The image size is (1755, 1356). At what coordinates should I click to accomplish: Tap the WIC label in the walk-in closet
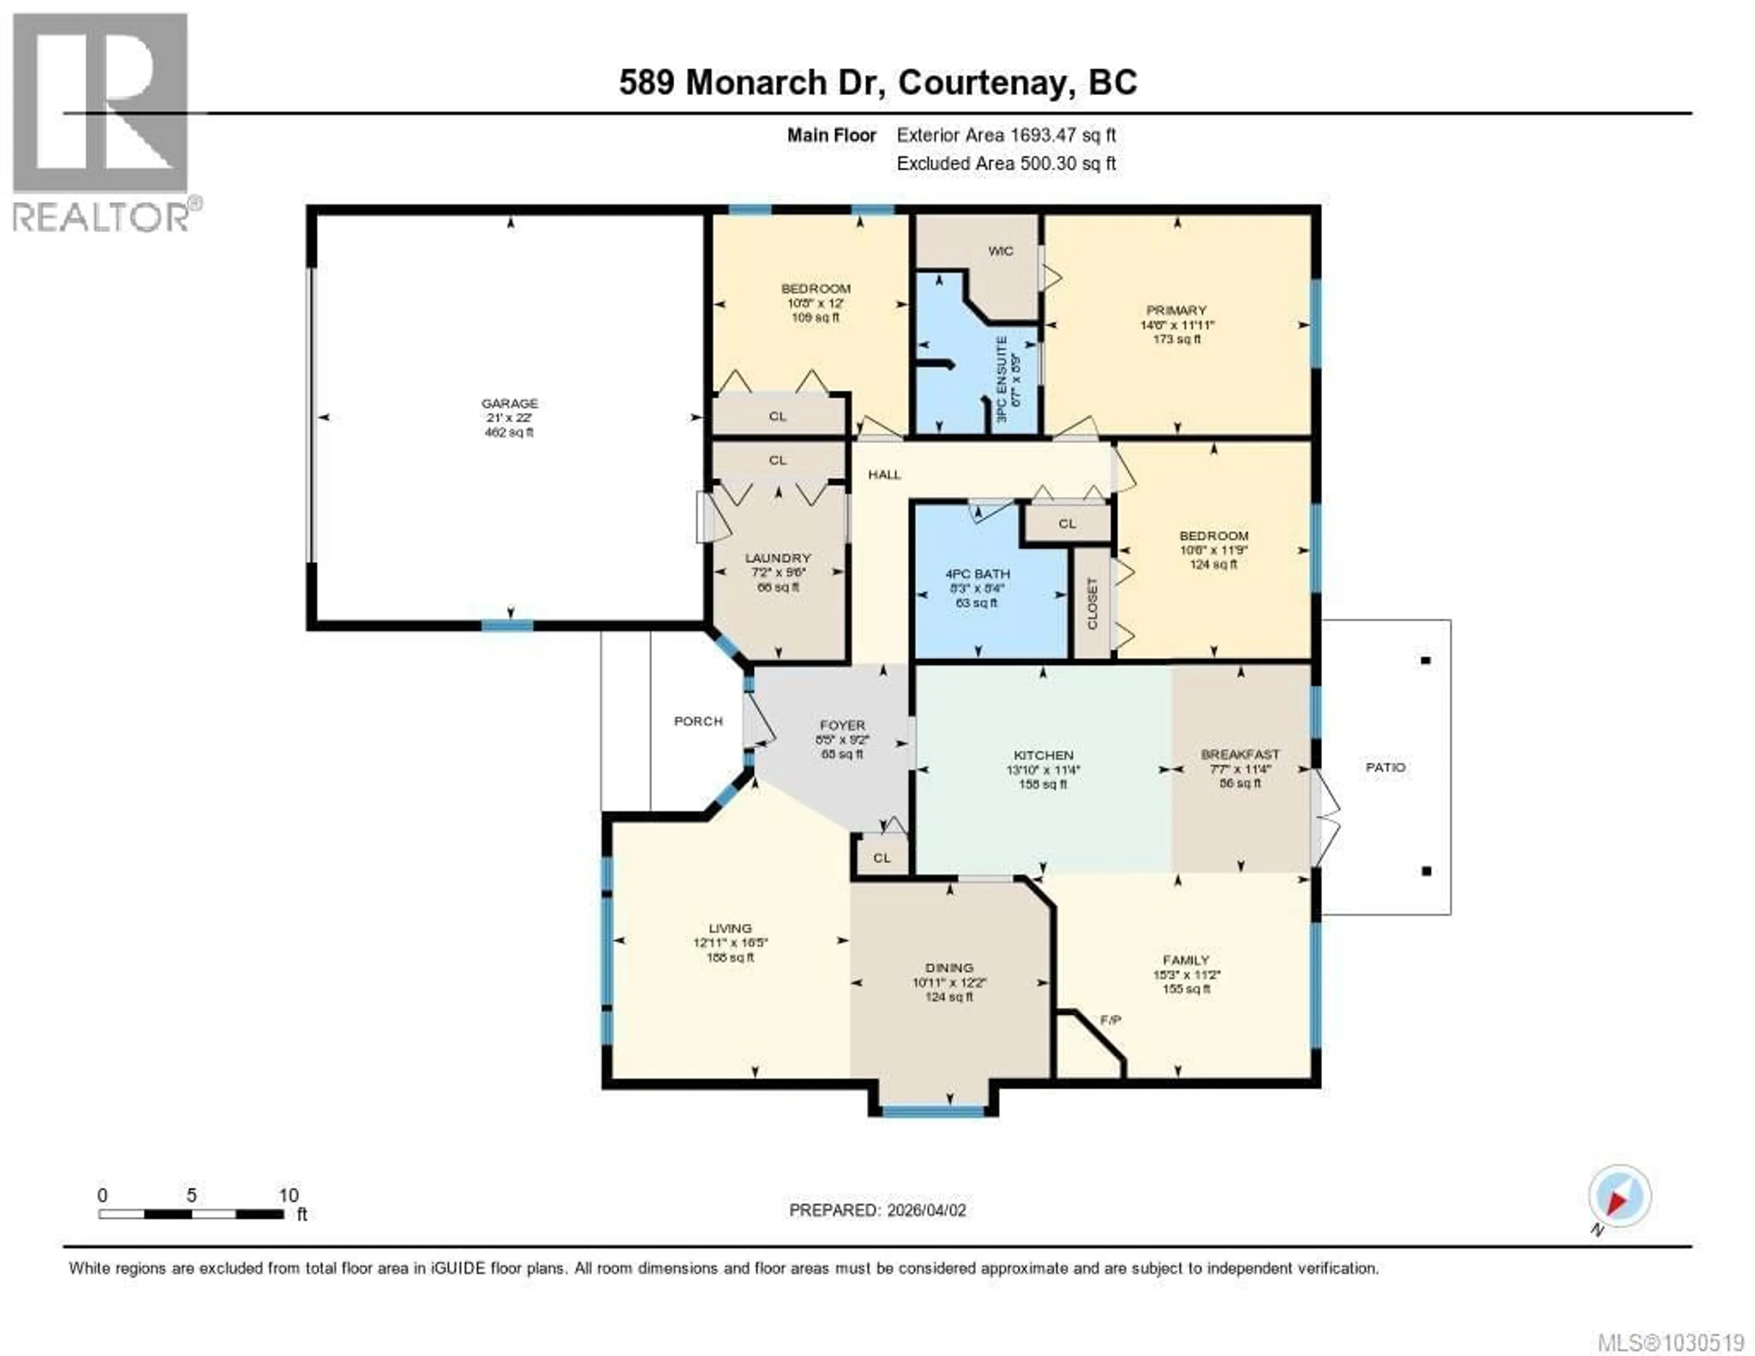[x=1000, y=251]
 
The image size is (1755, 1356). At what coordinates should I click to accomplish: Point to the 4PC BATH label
[x=977, y=574]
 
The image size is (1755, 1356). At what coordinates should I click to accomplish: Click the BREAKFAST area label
[x=1240, y=754]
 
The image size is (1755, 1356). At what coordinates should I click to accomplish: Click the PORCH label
[x=697, y=721]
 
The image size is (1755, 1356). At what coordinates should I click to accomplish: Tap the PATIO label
[x=1385, y=767]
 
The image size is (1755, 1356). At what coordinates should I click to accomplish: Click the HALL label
[x=884, y=474]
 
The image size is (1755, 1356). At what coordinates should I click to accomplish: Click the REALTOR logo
[x=101, y=121]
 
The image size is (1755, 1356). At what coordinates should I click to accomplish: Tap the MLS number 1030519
[x=1670, y=1341]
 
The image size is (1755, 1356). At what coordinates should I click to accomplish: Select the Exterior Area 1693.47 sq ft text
[x=1006, y=135]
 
